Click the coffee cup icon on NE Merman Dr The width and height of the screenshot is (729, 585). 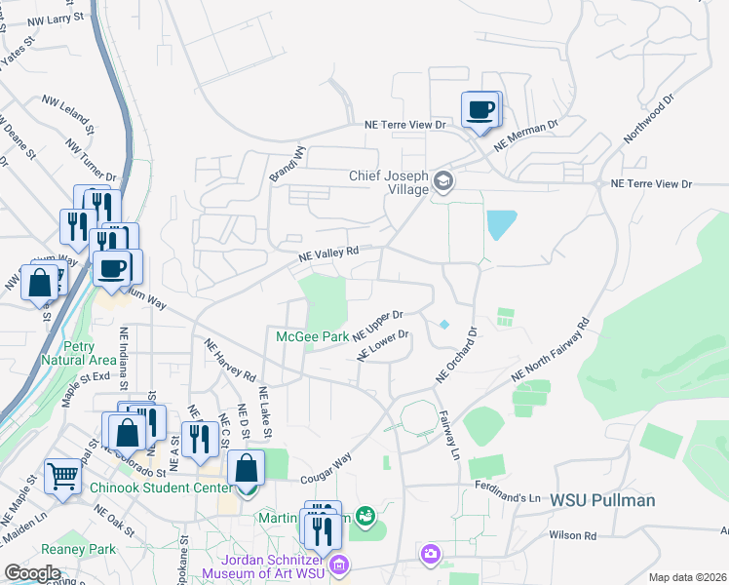pos(479,110)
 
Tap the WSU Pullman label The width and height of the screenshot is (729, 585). pos(602,500)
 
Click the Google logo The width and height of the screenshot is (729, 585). pos(32,572)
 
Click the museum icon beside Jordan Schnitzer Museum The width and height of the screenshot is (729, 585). pos(339,565)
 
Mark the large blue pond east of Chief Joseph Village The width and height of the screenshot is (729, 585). pos(501,225)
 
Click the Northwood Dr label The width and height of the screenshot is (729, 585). pos(649,119)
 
